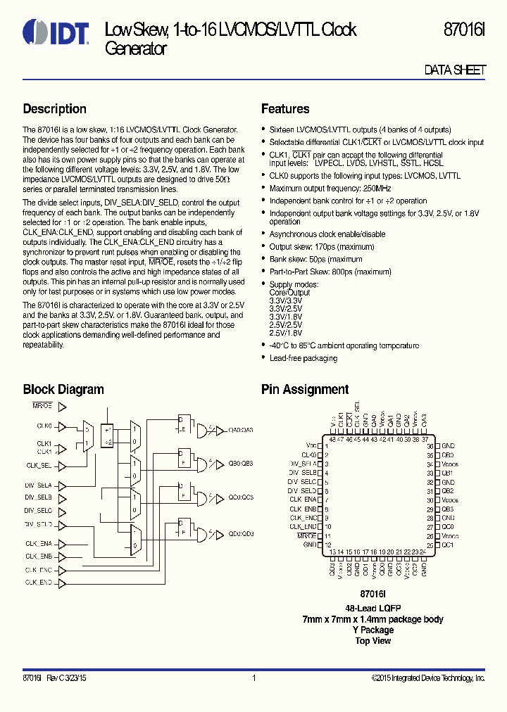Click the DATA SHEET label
pos(455,70)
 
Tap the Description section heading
pos(54,109)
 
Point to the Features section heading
pos(285,109)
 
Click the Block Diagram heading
pos(63,389)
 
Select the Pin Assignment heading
pos(305,389)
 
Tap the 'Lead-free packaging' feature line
pos(303,358)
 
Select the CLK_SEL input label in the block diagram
pos(39,465)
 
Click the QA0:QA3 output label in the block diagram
pos(240,430)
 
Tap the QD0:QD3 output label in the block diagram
pos(240,534)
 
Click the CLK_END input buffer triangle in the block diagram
pos(62,583)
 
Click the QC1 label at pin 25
pos(448,545)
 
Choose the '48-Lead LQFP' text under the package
pos(373,609)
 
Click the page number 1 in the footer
pos(253,678)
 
